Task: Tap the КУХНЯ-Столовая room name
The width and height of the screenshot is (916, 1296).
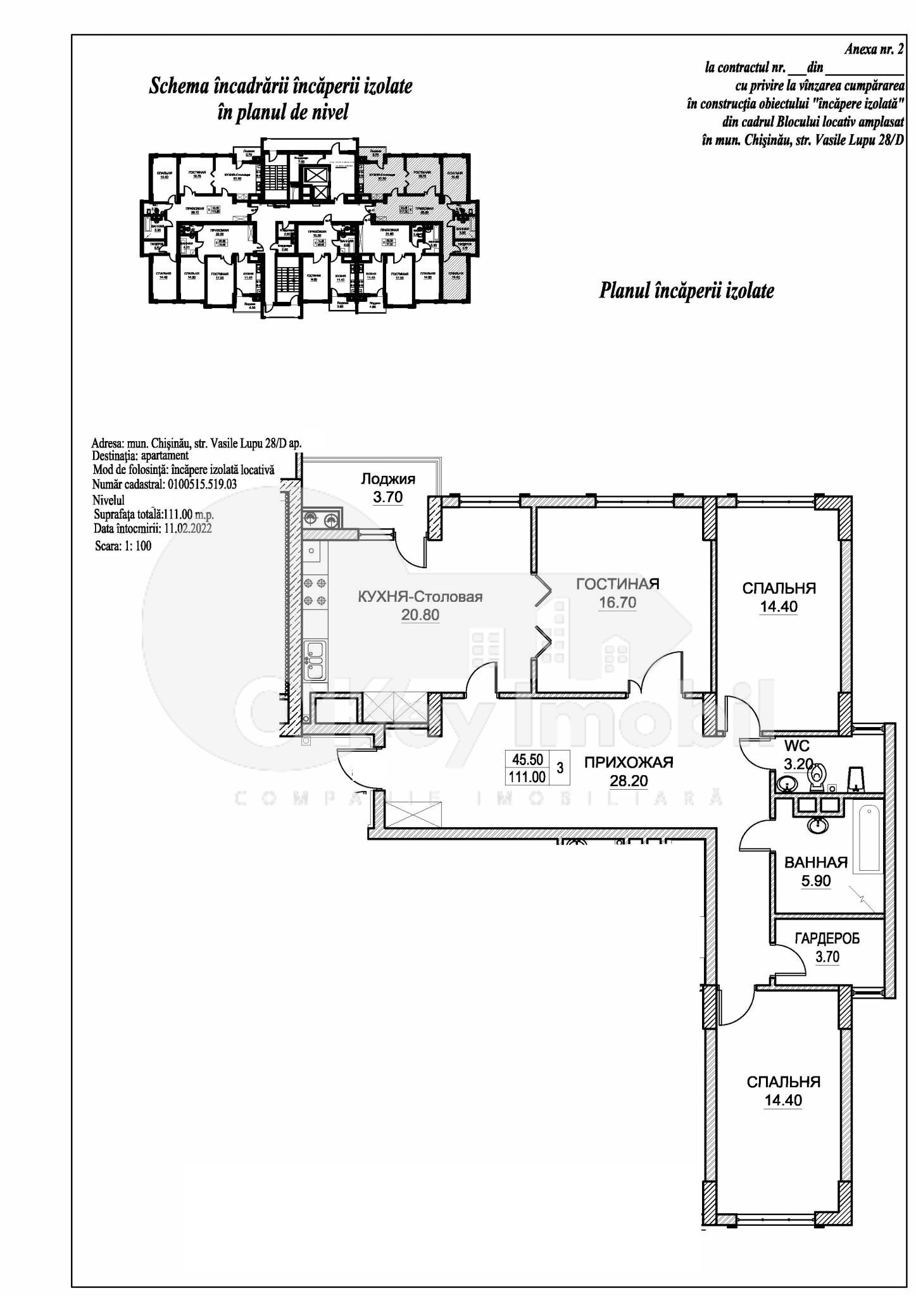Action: [420, 597]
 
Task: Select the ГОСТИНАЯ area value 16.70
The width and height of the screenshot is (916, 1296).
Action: [617, 603]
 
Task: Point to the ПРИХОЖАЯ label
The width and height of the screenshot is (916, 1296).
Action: [628, 763]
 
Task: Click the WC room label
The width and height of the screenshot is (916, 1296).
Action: [796, 746]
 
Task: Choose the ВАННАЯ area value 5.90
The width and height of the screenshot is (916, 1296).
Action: [815, 881]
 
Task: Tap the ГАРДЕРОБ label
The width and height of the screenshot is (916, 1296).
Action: [827, 940]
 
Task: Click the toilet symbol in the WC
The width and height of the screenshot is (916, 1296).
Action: [819, 777]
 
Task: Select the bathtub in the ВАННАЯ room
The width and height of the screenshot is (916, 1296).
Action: [867, 837]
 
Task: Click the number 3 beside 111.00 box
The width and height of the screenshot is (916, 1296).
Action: [560, 768]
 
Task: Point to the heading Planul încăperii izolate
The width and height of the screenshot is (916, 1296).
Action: [686, 291]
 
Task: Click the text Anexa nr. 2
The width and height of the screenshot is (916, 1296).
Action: [874, 50]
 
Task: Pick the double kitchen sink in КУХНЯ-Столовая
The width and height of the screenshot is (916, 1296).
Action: [315, 660]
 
